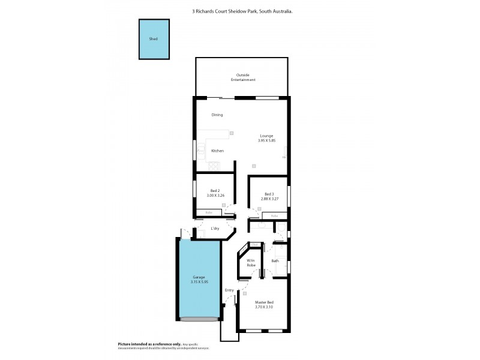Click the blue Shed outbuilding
tap(154, 39)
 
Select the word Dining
tap(217, 115)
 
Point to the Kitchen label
tap(217, 151)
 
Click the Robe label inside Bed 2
tap(209, 212)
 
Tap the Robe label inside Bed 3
tap(274, 215)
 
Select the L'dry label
tap(215, 229)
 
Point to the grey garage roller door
tap(198, 319)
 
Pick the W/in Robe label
tap(251, 262)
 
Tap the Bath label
tap(275, 261)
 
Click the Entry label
tap(229, 290)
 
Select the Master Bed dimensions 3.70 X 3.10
tap(265, 305)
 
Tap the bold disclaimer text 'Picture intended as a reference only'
tap(142, 344)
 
